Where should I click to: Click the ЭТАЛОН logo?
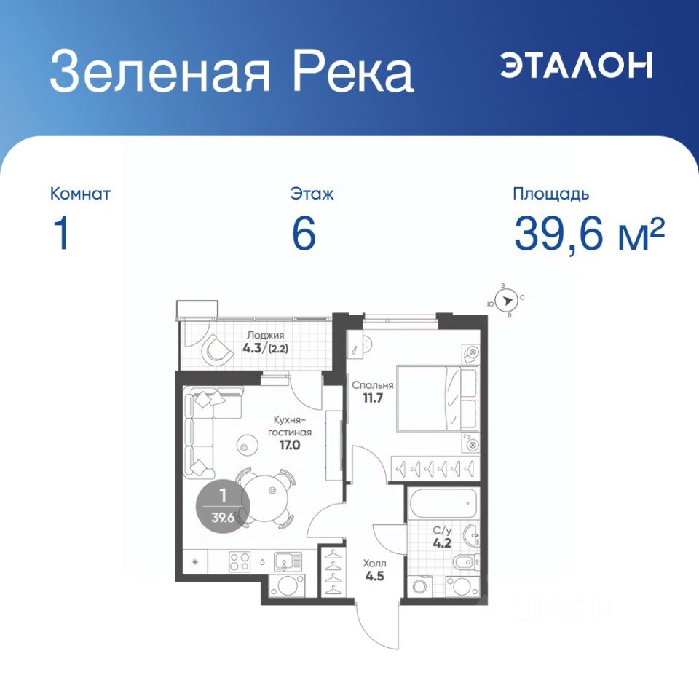[576, 65]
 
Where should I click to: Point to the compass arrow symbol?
[507, 301]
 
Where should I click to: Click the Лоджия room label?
[265, 335]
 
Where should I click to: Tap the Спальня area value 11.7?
[373, 398]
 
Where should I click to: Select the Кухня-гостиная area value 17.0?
[289, 444]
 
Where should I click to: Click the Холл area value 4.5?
[374, 576]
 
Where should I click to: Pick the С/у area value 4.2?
[442, 543]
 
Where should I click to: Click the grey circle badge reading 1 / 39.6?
[223, 505]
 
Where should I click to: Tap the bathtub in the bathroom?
[443, 503]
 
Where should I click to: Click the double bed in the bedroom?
[438, 398]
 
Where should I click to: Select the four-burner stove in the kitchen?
[240, 561]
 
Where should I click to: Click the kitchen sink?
[288, 561]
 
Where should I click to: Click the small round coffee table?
[245, 446]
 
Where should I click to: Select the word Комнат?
[80, 194]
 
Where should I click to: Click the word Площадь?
[551, 194]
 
